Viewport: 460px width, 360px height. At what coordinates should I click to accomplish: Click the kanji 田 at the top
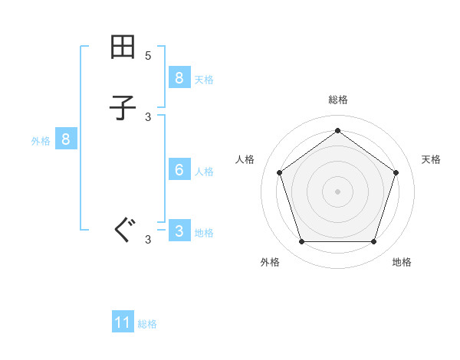click(x=123, y=48)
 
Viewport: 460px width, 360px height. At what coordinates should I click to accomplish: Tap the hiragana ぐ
click(x=123, y=229)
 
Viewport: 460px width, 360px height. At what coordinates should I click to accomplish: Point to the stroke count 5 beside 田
click(x=148, y=56)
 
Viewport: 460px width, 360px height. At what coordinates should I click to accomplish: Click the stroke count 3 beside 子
click(x=148, y=116)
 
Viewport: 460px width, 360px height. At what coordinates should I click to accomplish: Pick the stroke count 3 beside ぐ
click(x=148, y=240)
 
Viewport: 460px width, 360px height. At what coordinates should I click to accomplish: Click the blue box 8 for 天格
click(x=179, y=77)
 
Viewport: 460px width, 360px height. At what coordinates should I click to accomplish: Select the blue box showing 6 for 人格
click(x=179, y=170)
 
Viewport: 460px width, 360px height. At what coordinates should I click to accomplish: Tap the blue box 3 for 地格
click(x=179, y=231)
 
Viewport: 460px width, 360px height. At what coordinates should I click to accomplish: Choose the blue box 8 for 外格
click(x=66, y=139)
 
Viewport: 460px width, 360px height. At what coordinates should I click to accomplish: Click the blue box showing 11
click(x=123, y=322)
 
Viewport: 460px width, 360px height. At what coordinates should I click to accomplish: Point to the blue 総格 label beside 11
click(x=147, y=324)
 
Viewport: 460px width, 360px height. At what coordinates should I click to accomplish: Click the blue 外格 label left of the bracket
click(x=41, y=141)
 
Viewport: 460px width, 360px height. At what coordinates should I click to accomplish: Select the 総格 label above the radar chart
click(x=337, y=100)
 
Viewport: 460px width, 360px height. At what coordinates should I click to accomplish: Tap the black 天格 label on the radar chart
click(x=431, y=159)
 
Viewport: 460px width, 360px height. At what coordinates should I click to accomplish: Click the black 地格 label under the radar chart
click(x=402, y=262)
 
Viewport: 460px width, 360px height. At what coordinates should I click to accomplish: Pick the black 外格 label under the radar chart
click(x=270, y=262)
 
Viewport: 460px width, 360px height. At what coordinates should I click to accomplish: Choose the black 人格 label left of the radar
click(x=245, y=159)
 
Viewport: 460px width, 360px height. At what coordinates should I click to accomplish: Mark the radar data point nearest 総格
click(x=337, y=130)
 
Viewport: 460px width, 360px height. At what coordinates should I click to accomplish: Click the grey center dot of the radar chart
click(x=337, y=191)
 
